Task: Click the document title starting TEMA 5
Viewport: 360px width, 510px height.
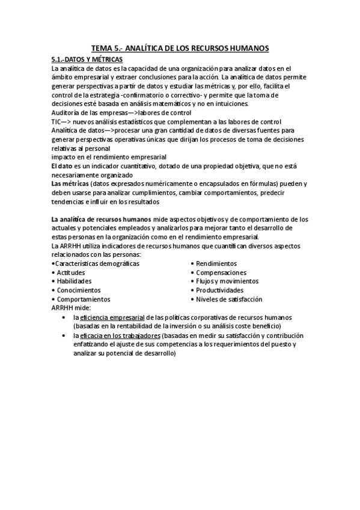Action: tap(180, 48)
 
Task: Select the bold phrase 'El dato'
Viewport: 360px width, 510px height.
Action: tap(63, 165)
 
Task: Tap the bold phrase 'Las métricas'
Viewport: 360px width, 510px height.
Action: tap(70, 183)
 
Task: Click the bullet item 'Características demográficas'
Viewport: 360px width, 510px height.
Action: tap(97, 263)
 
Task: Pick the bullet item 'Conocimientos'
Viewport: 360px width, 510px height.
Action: tap(78, 290)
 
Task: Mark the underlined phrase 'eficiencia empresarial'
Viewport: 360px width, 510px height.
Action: tap(113, 317)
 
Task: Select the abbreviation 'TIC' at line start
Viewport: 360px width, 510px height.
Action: tap(57, 121)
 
